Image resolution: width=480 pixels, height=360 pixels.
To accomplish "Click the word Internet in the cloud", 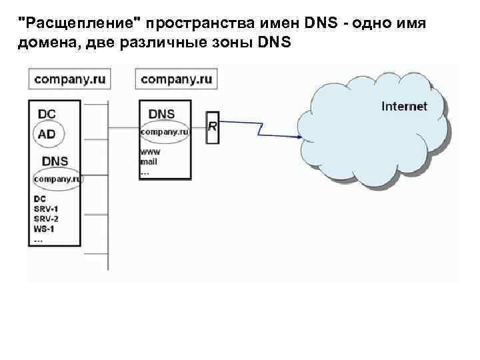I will [x=404, y=106].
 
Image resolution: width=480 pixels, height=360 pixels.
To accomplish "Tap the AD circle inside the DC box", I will [x=47, y=134].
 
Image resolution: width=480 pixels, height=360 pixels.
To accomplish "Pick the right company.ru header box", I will [x=177, y=79].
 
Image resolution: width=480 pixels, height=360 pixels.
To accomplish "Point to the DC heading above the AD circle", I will [x=47, y=114].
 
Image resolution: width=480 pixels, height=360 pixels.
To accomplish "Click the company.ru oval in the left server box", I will [x=57, y=179].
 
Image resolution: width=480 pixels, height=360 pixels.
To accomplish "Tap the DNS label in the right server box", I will [x=162, y=114].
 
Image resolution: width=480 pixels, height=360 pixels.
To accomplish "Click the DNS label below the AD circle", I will [x=55, y=161].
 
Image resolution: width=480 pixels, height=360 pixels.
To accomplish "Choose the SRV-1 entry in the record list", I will [x=45, y=209].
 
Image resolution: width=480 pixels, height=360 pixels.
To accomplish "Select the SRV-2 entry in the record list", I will [x=45, y=219].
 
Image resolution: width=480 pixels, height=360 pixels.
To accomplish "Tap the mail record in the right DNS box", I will [x=149, y=161].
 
